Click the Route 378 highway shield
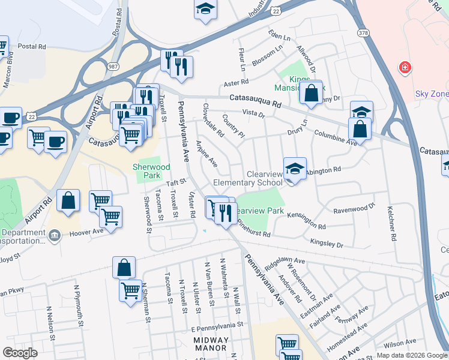[x=362, y=32]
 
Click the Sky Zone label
[x=432, y=94]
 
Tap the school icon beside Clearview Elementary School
[x=295, y=169]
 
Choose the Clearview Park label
[x=259, y=211]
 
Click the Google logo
[x=20, y=353]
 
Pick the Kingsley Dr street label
[x=327, y=243]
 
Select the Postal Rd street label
[x=32, y=46]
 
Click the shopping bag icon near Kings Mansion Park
[x=311, y=93]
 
